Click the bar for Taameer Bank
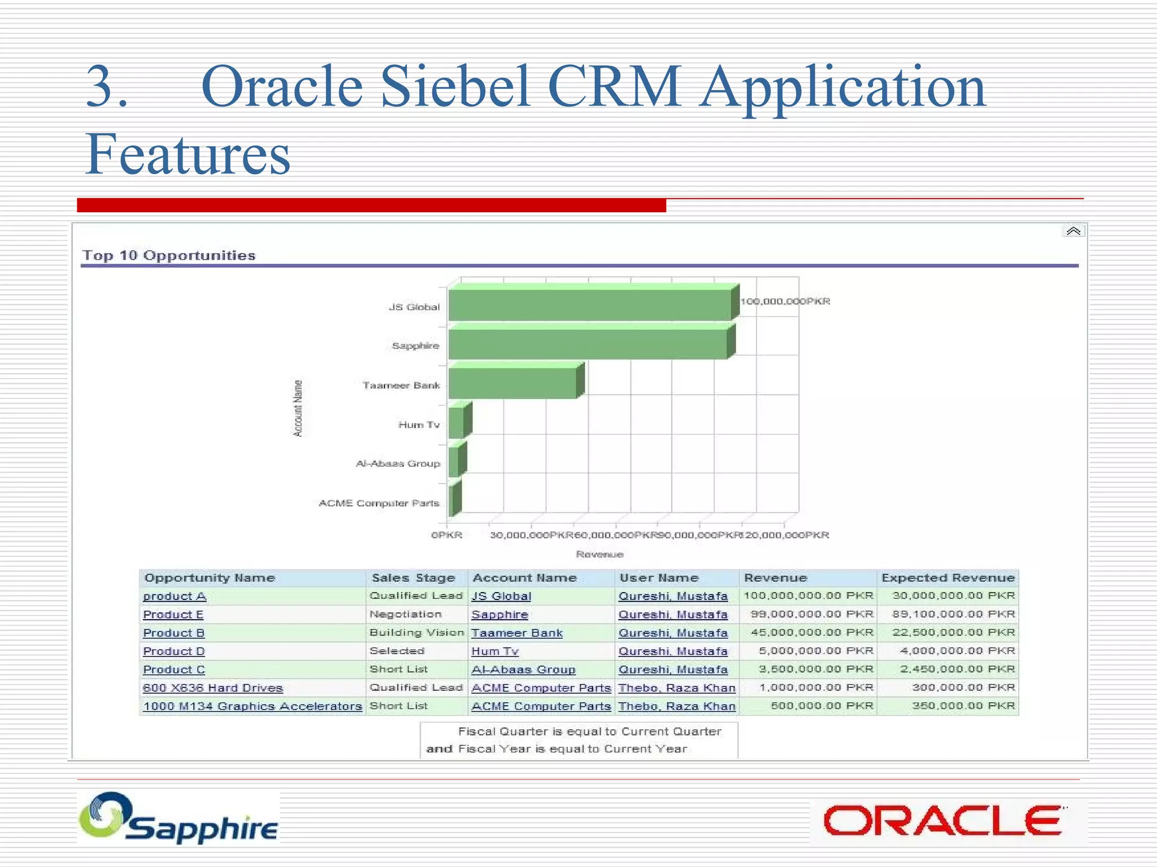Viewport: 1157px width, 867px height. coord(512,383)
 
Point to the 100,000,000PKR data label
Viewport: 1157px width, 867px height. coord(785,301)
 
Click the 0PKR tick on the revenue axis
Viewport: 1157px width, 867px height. coord(446,535)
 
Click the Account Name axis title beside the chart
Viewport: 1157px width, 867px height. coord(298,408)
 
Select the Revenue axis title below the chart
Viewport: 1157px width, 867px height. coord(599,554)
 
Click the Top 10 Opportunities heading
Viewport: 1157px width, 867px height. coord(169,255)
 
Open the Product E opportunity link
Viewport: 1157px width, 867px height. coord(173,615)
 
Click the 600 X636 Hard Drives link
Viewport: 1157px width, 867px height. coord(212,688)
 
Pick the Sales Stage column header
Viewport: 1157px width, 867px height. coord(413,578)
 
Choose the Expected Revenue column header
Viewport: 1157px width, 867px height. coord(948,578)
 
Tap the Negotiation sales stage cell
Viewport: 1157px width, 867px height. coord(405,614)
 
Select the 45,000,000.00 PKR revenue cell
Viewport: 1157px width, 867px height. coord(812,633)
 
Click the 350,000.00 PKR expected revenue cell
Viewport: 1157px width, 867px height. coord(963,706)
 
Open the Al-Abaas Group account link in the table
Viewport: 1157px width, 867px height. coord(523,669)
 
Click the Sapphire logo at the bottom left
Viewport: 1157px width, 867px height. coord(179,818)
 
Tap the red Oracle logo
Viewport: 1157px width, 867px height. coord(942,821)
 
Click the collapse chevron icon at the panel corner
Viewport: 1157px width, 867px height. coord(1073,231)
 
